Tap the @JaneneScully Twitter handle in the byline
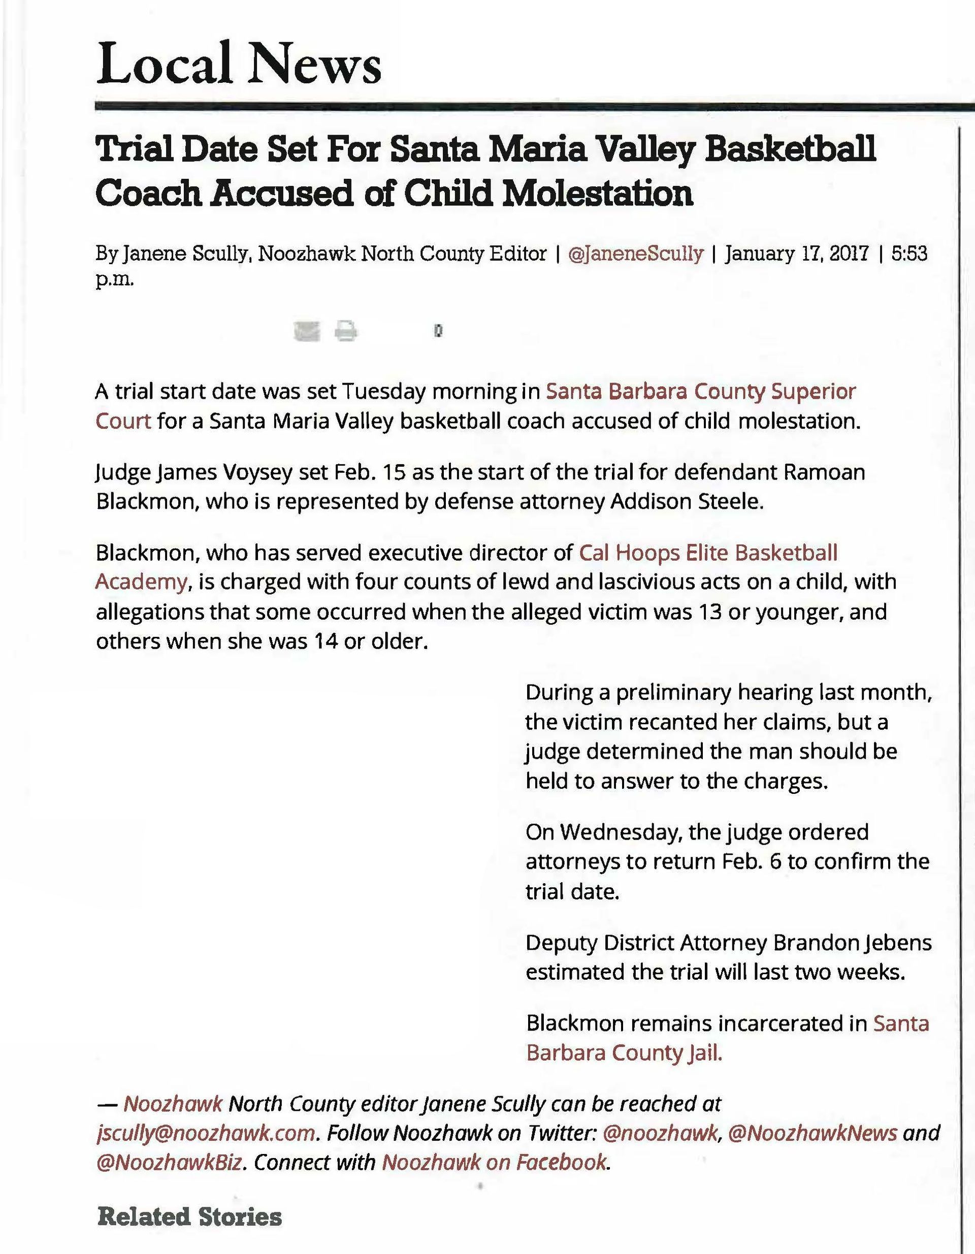click(x=635, y=253)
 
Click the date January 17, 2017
click(x=796, y=253)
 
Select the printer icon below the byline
click(x=346, y=331)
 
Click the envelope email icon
click(x=306, y=331)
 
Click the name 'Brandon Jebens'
click(x=853, y=943)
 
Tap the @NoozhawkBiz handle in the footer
click(x=171, y=1162)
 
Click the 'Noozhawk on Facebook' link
click(x=494, y=1162)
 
